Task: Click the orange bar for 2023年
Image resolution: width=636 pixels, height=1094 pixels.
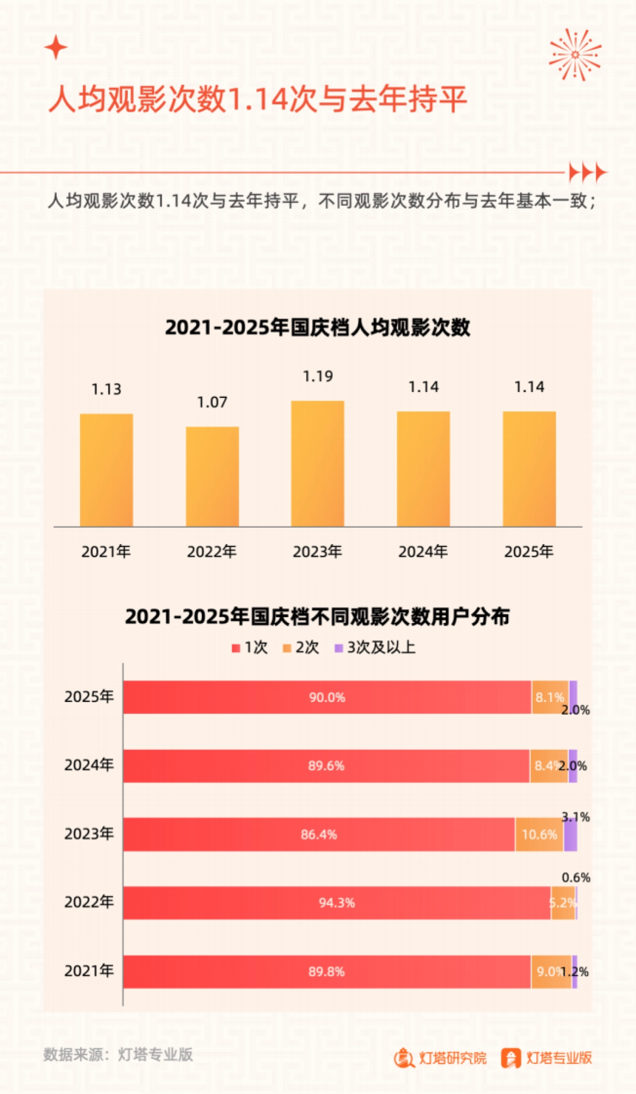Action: click(317, 464)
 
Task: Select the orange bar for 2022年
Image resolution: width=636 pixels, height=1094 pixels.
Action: click(212, 476)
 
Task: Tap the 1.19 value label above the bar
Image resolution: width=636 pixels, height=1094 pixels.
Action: click(318, 376)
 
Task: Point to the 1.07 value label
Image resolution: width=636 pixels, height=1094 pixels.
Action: click(212, 402)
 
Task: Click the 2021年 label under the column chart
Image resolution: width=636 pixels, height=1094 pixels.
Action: click(106, 552)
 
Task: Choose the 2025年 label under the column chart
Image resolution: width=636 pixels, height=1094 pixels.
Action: click(528, 552)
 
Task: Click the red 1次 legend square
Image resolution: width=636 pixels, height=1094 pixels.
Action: click(236, 648)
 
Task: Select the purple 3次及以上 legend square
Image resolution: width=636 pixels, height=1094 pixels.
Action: click(339, 648)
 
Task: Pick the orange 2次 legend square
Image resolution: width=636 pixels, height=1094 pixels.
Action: click(287, 648)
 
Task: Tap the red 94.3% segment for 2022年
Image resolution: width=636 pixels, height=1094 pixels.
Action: click(337, 903)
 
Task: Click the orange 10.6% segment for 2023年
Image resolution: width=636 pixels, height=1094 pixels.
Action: click(539, 834)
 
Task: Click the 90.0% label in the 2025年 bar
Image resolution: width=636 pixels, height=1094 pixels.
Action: click(327, 697)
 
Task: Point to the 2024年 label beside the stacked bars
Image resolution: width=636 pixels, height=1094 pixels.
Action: click(89, 765)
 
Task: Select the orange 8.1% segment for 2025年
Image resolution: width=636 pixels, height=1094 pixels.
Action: click(550, 697)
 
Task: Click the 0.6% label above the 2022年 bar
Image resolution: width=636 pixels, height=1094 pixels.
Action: click(576, 877)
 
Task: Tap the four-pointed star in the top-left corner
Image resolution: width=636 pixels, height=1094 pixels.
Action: click(56, 48)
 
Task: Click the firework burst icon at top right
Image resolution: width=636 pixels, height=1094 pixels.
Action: click(575, 55)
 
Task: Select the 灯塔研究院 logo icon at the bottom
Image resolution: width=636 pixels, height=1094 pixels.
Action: click(404, 1057)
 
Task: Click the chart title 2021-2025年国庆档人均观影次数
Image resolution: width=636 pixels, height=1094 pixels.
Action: click(317, 327)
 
